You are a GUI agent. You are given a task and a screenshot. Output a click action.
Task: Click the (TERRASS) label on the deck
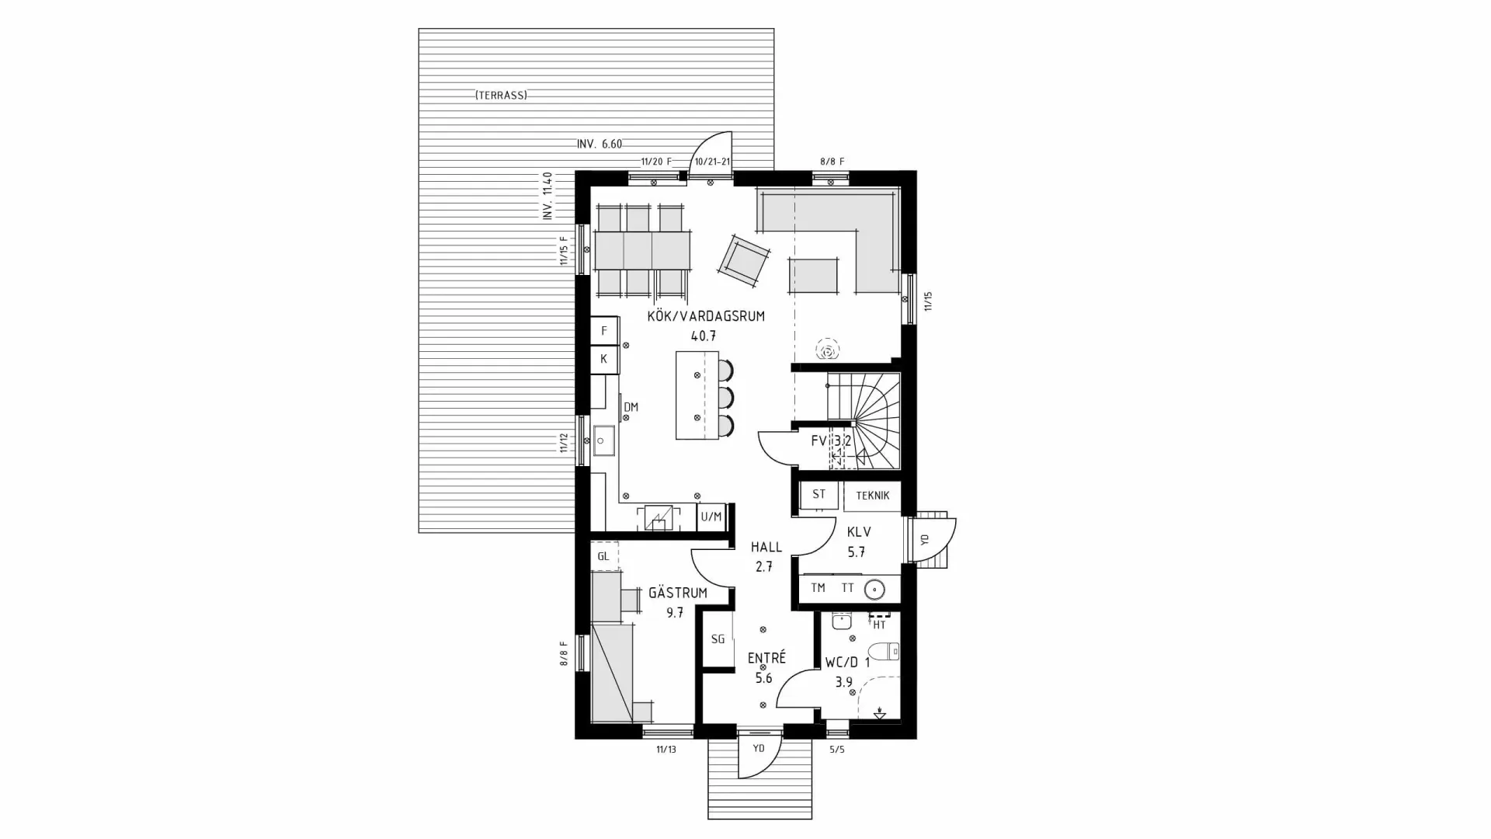click(x=501, y=96)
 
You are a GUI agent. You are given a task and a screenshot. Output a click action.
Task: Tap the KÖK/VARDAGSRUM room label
click(x=706, y=316)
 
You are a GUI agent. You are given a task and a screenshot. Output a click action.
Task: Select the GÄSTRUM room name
click(x=677, y=593)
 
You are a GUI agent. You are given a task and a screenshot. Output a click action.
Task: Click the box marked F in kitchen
click(x=603, y=331)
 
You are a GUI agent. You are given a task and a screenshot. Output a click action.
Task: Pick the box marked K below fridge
click(x=603, y=360)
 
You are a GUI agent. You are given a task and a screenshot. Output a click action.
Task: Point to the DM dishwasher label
click(x=631, y=407)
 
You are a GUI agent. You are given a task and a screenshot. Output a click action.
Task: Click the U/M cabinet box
click(x=711, y=517)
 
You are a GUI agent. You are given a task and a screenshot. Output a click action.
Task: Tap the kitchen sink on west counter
click(x=603, y=440)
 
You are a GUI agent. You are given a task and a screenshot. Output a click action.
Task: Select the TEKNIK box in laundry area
click(x=872, y=496)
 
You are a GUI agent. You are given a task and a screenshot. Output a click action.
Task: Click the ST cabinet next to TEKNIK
click(x=818, y=495)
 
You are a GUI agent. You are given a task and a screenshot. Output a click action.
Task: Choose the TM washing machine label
click(x=818, y=588)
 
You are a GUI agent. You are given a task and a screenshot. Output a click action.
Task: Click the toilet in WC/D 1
click(x=884, y=651)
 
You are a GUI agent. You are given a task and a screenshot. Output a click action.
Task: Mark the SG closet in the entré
click(x=718, y=639)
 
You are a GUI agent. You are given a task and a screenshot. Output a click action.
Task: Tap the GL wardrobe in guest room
click(x=603, y=556)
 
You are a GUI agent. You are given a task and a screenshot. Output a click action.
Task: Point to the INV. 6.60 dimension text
click(x=599, y=144)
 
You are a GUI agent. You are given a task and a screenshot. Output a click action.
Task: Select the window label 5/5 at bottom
click(x=837, y=750)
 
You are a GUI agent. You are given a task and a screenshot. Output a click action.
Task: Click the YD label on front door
click(x=759, y=748)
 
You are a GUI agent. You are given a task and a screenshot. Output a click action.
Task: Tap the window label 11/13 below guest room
click(x=666, y=750)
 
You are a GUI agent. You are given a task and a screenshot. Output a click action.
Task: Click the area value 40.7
click(x=703, y=336)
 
